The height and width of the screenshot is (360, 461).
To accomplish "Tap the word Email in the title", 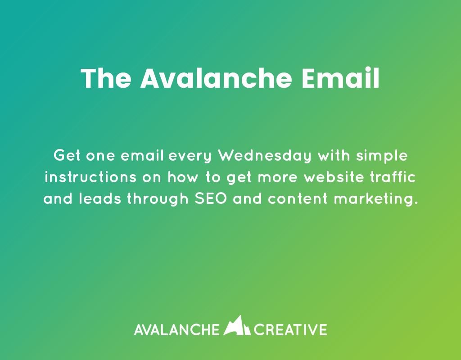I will (x=340, y=79).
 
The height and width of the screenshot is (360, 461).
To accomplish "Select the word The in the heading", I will (x=106, y=79).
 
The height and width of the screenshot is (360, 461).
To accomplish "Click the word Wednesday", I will (x=265, y=157).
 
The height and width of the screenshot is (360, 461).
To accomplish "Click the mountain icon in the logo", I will (x=237, y=326).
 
